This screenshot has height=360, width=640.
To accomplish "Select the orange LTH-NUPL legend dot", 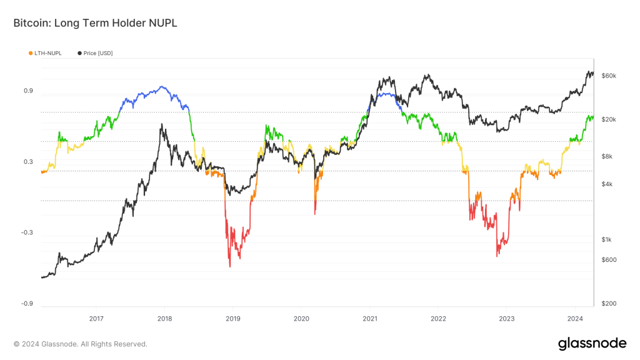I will tap(31, 53).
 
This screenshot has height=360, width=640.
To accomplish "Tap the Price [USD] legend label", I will tap(97, 53).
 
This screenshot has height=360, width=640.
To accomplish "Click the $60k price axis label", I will tap(609, 76).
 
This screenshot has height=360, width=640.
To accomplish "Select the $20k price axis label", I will tap(609, 119).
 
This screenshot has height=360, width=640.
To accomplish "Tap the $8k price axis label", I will tap(607, 157).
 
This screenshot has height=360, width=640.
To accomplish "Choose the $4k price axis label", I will tap(607, 184).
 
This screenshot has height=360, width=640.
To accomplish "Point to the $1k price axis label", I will tap(607, 240).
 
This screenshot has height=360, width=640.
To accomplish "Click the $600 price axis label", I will tap(608, 260).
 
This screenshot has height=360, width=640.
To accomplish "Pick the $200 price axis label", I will tap(608, 304).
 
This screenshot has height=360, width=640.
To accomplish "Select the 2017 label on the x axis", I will tap(96, 319).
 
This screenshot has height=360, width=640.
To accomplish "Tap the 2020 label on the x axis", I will tap(301, 319).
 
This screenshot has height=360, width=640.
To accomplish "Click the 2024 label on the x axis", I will tap(575, 319).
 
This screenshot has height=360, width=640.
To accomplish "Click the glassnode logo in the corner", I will tap(592, 343).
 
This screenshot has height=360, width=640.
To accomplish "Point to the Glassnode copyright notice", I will tap(81, 344).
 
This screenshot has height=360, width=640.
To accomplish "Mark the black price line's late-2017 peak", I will tap(162, 124).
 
